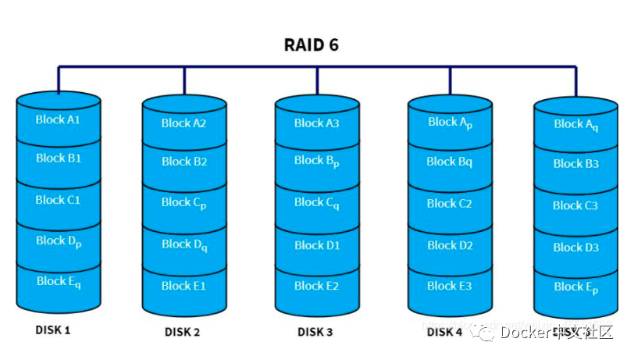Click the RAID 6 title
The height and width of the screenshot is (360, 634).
click(x=311, y=45)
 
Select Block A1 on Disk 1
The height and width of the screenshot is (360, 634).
click(x=58, y=120)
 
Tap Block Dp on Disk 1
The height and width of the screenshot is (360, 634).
click(x=58, y=241)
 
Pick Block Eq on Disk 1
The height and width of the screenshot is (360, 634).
click(x=58, y=281)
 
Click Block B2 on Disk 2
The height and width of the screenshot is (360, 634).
click(x=183, y=162)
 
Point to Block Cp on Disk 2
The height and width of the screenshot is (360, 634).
click(x=183, y=203)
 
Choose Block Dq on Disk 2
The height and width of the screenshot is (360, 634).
click(x=183, y=245)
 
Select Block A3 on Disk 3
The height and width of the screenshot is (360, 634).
click(x=316, y=123)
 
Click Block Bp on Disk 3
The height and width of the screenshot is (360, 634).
click(x=316, y=161)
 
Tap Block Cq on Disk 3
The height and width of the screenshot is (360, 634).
click(x=316, y=203)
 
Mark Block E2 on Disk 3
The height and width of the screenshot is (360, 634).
click(x=316, y=286)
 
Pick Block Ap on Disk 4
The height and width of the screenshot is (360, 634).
click(x=450, y=123)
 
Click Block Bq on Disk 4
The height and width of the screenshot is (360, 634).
click(x=450, y=162)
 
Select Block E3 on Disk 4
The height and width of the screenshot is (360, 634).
click(x=450, y=286)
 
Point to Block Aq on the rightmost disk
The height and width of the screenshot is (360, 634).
click(x=576, y=124)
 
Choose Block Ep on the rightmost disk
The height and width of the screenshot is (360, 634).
click(x=576, y=287)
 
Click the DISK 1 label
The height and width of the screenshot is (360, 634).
click(x=53, y=330)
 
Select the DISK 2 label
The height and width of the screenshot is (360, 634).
click(x=183, y=332)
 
